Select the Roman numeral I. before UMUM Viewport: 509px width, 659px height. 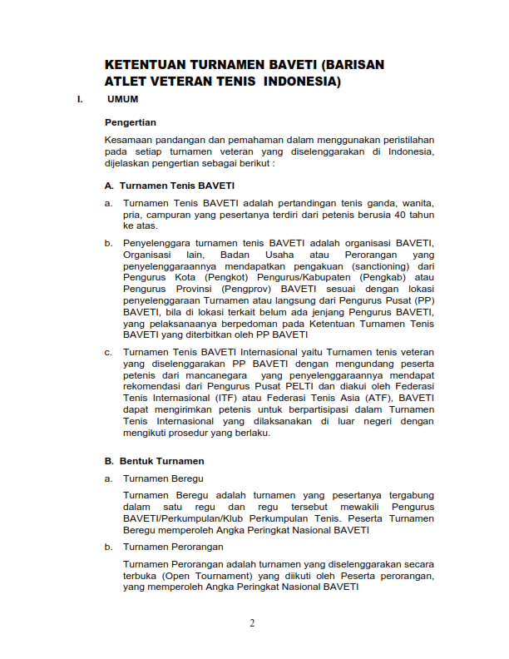pos(80,100)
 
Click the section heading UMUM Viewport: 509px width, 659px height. pos(123,100)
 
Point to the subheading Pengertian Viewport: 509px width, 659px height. pos(131,122)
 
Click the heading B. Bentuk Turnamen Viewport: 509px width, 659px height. pos(154,460)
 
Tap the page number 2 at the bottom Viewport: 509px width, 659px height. pos(253,624)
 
